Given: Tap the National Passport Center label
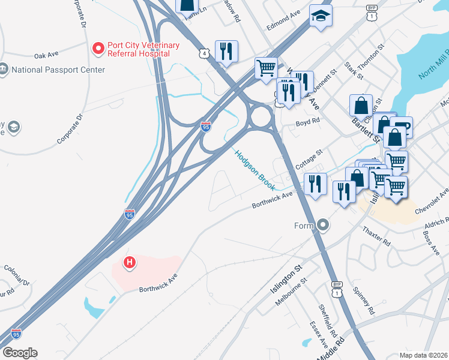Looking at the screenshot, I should [x=58, y=70].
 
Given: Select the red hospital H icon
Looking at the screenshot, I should [x=128, y=262].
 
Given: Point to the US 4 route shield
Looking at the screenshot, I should [x=206, y=54].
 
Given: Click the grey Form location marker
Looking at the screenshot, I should [x=324, y=226].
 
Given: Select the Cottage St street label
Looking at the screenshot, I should [x=310, y=158].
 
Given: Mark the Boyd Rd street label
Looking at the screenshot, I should [x=307, y=122].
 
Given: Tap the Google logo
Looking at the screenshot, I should [x=20, y=353].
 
